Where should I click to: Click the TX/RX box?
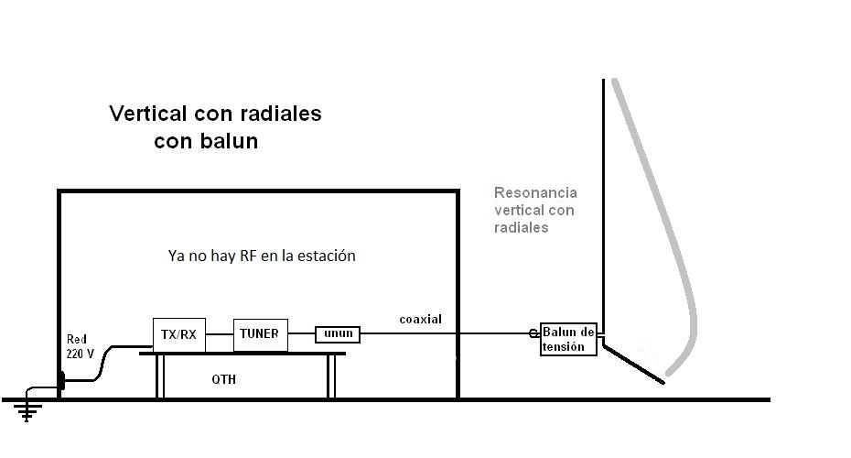coord(178,334)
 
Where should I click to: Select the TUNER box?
coord(261,334)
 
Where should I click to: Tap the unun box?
coord(337,335)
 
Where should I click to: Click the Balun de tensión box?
coord(568,339)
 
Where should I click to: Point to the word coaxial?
coord(420,319)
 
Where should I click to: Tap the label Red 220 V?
coord(81,345)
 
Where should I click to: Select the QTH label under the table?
coord(223,378)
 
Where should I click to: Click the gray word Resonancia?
coord(535,193)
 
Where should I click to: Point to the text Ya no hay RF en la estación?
coord(256,256)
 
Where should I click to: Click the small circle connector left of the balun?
coord(533,334)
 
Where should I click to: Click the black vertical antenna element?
coord(603,202)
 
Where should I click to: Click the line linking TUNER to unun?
coord(302,335)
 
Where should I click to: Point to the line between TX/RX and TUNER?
coord(219,335)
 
